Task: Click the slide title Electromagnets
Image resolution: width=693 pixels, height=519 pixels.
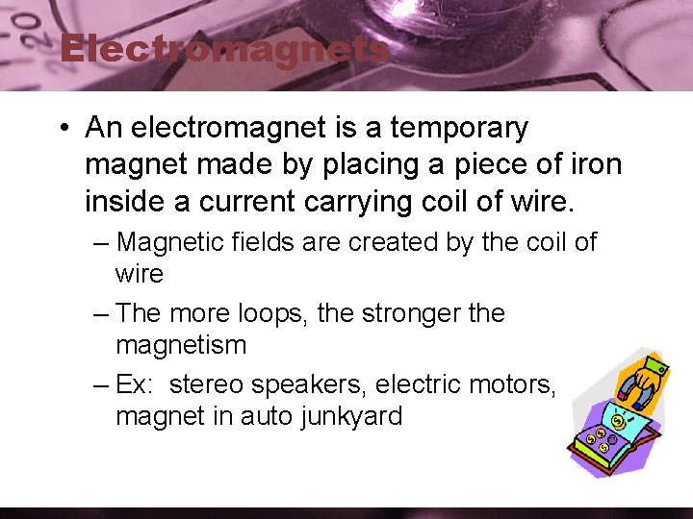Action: coord(223,49)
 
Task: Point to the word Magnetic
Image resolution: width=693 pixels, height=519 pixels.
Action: coord(174,242)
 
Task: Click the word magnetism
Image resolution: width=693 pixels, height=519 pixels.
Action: coord(181,344)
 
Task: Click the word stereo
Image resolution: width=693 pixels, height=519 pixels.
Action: coord(209,384)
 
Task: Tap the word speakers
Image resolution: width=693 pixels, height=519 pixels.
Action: coord(309,384)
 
